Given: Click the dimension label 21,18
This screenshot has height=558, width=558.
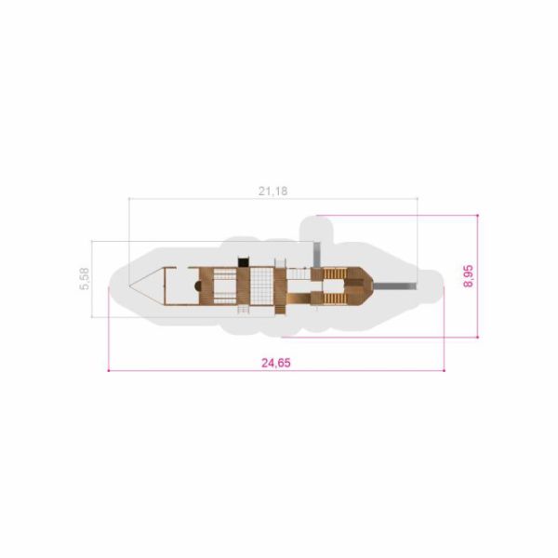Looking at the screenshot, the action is (272, 192).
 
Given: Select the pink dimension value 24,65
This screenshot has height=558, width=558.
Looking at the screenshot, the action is (276, 363).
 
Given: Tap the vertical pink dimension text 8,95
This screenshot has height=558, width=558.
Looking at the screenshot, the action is (469, 276).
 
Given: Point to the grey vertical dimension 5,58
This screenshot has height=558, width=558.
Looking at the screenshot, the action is (85, 279).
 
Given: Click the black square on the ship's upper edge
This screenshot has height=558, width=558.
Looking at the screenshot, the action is (243, 262).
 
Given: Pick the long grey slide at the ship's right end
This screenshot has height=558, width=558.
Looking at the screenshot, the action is (394, 286).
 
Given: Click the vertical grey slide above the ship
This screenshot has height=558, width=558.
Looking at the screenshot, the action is (316, 255).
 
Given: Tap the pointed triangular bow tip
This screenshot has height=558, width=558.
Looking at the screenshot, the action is (129, 286).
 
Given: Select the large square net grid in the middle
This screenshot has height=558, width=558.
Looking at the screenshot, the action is (262, 286).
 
